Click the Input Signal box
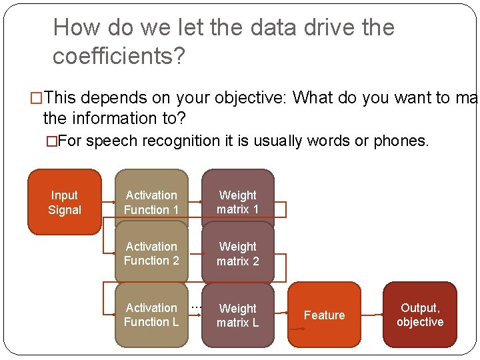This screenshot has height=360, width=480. [65, 202]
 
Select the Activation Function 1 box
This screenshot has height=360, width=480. [151, 202]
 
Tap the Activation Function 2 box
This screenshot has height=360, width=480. [151, 253]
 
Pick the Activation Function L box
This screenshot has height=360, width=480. [151, 315]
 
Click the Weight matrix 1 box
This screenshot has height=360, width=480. [238, 202]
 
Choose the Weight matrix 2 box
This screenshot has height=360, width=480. [238, 253]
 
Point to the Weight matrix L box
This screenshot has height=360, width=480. [238, 315]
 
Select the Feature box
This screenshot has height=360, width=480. [325, 315]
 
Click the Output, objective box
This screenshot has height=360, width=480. [420, 315]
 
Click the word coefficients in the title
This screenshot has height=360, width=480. [112, 57]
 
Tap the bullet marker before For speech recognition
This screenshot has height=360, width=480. [51, 141]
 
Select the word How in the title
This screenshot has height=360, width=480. [75, 28]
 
